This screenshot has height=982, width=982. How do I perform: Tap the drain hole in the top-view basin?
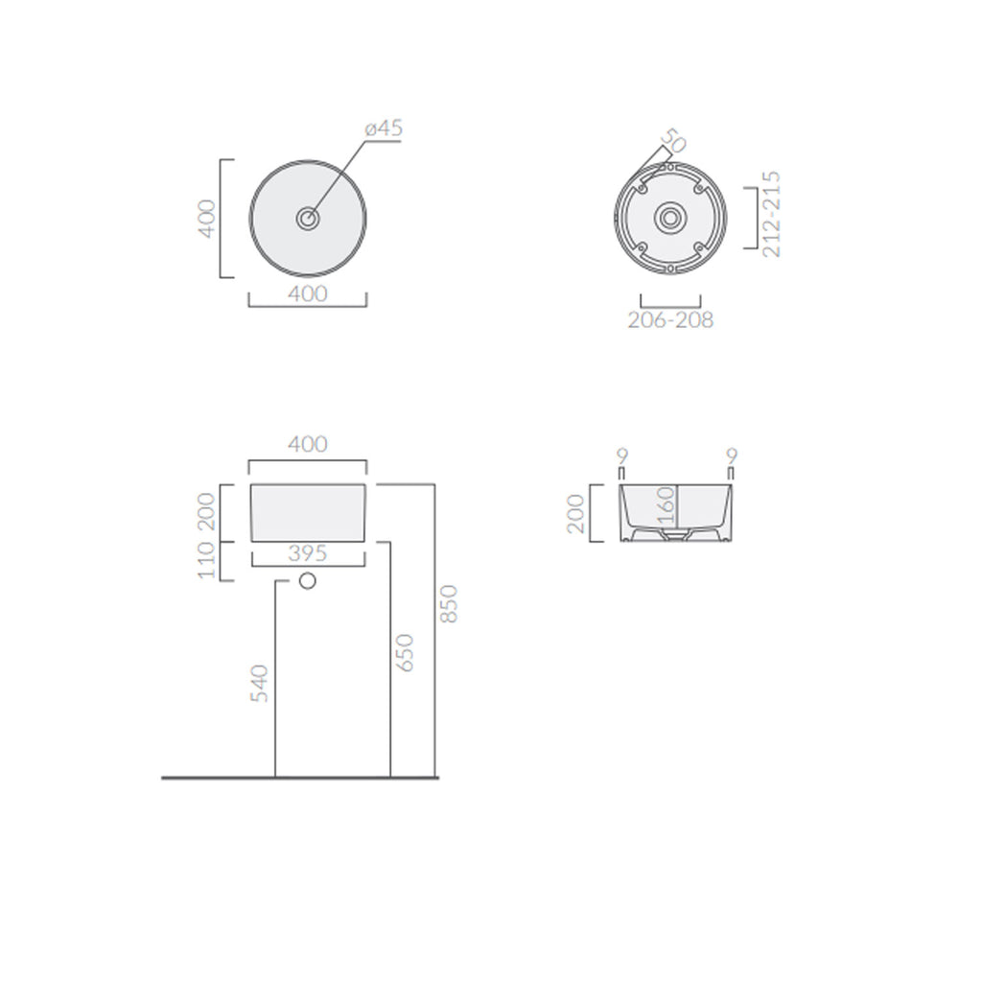click(308, 219)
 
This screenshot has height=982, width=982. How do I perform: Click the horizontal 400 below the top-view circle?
click(308, 293)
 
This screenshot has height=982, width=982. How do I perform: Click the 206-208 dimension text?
click(670, 320)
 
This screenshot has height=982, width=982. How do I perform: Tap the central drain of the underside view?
click(670, 218)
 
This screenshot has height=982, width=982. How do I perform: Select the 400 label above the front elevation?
click(308, 444)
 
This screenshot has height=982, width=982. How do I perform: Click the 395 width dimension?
click(308, 553)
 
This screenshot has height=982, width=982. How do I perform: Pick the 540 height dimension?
click(259, 683)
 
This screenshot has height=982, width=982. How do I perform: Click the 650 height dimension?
click(405, 652)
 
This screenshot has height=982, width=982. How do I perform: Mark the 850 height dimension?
click(450, 603)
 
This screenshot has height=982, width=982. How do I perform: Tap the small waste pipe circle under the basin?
click(308, 580)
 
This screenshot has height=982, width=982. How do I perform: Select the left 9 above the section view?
click(620, 455)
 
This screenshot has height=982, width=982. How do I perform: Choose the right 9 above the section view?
click(732, 455)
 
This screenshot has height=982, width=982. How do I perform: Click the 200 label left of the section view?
click(575, 513)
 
